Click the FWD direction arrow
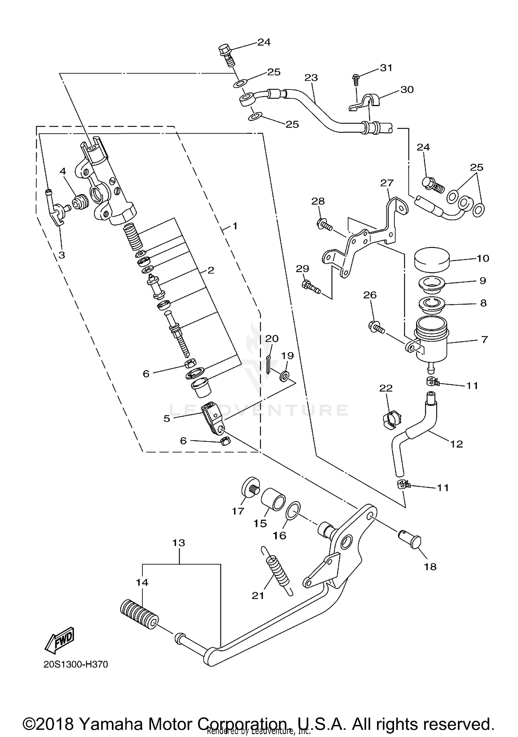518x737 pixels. (x=59, y=640)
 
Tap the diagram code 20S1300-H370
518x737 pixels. (x=76, y=664)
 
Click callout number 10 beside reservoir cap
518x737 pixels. (x=483, y=258)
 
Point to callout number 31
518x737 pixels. (x=386, y=68)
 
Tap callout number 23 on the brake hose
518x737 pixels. (x=311, y=78)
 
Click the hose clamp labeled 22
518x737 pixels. (x=392, y=420)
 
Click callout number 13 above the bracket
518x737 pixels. (x=179, y=543)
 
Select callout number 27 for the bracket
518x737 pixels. (x=387, y=183)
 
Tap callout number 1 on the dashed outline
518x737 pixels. (x=235, y=227)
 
